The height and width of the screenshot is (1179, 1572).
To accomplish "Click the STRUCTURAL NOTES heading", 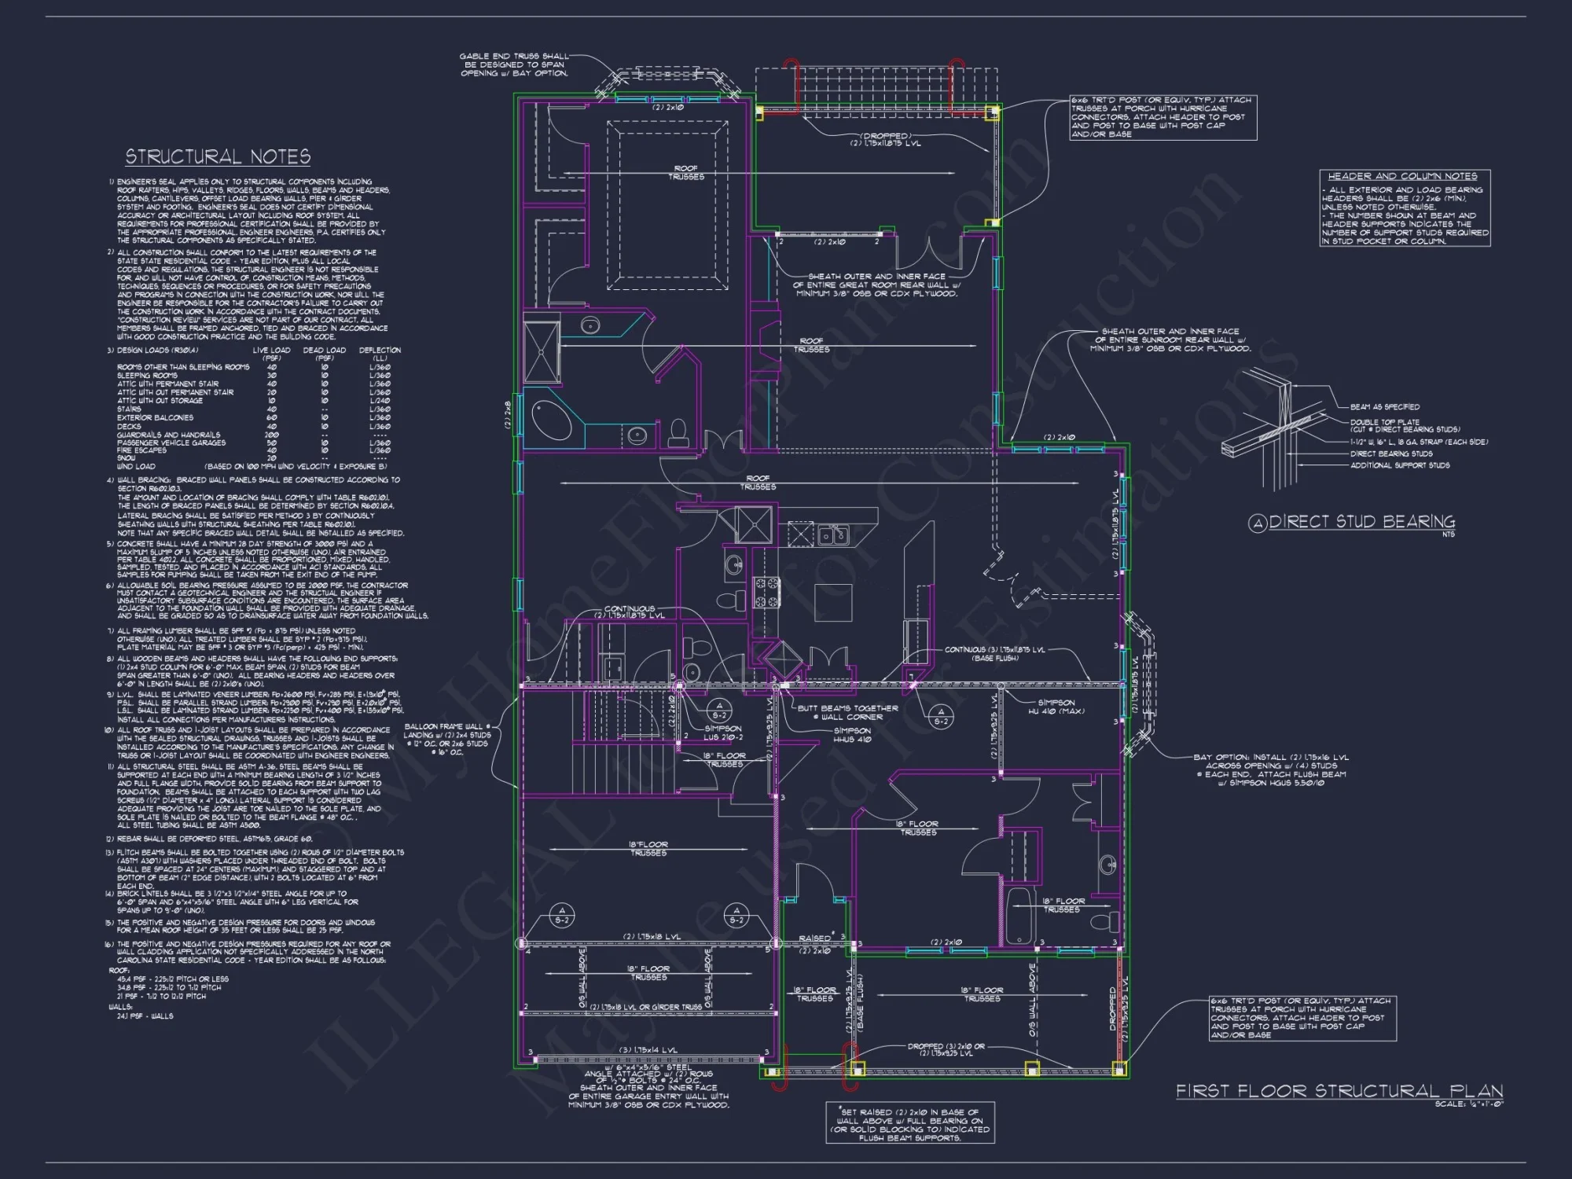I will tap(218, 156).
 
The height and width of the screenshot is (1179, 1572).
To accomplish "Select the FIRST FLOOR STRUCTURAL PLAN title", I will tap(1339, 1091).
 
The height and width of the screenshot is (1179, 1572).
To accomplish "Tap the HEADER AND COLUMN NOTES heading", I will tap(1402, 176).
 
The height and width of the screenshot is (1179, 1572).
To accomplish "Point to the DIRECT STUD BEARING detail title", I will tap(1361, 522).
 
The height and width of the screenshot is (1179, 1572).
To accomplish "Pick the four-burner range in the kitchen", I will tap(768, 592).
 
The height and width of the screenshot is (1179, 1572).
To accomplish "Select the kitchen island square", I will tap(833, 602).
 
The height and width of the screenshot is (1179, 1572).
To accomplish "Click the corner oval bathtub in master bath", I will tap(552, 421).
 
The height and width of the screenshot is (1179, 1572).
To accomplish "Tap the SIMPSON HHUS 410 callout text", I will tap(852, 735).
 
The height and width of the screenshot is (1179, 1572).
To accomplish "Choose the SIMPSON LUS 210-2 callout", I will tap(722, 733).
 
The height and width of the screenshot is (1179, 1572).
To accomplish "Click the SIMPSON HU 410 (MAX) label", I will tap(1056, 707).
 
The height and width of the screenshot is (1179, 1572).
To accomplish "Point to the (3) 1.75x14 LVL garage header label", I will tap(648, 1050).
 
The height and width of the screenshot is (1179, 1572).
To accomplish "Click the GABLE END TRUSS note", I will tap(514, 64).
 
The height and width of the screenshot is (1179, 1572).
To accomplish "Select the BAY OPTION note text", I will tap(1270, 769).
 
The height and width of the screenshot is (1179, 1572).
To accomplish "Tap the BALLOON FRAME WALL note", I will tap(447, 739).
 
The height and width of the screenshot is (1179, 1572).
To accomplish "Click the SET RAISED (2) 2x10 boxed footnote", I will tap(910, 1124).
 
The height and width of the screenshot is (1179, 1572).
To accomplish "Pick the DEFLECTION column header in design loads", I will tap(380, 350).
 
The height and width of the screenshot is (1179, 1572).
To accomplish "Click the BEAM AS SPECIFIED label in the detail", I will tap(1384, 407).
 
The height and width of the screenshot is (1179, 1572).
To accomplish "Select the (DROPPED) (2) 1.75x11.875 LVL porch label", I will tap(885, 139).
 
